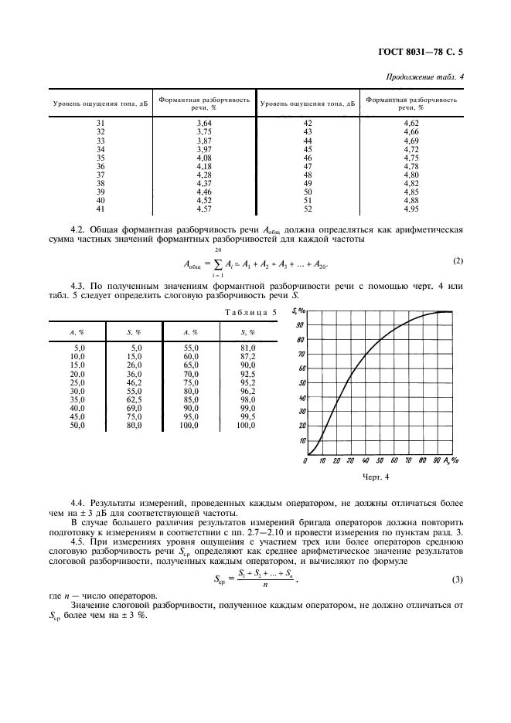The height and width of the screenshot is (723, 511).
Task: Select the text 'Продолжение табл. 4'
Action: click(424, 77)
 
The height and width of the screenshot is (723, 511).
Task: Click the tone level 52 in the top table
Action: click(308, 209)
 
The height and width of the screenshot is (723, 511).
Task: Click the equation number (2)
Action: click(458, 260)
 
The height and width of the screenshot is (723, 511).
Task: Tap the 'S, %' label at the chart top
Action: click(298, 311)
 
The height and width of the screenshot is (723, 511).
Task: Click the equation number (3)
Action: click(458, 579)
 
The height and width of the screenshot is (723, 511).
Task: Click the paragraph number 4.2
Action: click(77, 230)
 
